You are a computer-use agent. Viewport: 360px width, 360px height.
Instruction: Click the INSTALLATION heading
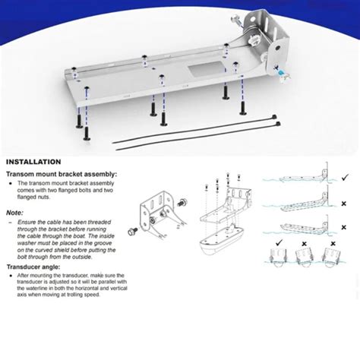point(33,162)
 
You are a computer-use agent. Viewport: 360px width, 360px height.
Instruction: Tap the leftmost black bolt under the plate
point(85,131)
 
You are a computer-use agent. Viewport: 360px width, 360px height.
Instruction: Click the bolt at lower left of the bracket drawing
point(131,230)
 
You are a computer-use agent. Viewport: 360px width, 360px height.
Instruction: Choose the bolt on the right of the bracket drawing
point(182,203)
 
